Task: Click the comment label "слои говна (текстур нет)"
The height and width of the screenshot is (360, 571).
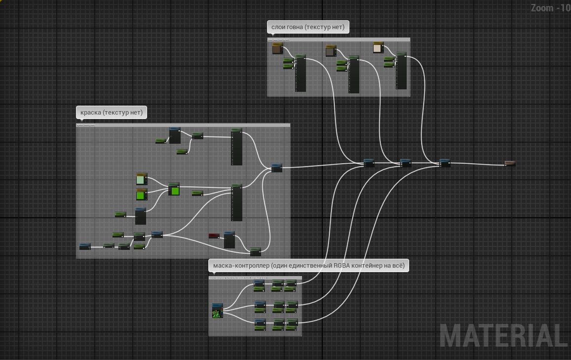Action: [307, 27]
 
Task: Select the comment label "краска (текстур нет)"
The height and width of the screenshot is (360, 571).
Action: [111, 113]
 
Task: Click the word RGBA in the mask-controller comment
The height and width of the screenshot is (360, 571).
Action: [343, 266]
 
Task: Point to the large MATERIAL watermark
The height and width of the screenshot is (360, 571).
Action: [503, 336]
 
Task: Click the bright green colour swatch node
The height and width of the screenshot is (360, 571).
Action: [142, 195]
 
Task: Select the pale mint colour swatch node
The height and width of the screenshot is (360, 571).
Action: [142, 179]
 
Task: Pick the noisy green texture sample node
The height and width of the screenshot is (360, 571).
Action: [217, 312]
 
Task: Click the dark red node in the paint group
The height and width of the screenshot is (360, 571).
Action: [214, 236]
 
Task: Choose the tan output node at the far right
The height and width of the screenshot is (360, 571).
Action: [510, 163]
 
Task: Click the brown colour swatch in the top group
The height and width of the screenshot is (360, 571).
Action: [277, 49]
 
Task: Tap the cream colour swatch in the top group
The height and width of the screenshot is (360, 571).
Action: [378, 48]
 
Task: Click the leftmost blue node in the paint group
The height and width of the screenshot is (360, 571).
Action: [85, 246]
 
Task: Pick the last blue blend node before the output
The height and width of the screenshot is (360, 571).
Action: [445, 163]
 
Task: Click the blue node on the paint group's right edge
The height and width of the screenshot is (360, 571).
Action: [277, 168]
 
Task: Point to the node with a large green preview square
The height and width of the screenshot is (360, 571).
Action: [174, 190]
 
